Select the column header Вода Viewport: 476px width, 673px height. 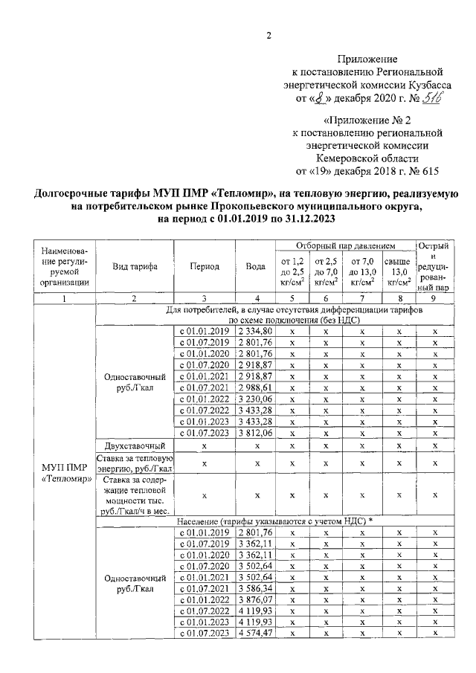[255, 265]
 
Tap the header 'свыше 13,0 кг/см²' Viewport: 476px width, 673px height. [399, 271]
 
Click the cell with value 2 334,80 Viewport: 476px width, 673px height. [256, 330]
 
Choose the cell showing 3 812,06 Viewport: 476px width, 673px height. [256, 433]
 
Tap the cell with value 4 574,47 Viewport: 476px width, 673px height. [256, 632]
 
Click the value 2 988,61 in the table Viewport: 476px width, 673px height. [256, 387]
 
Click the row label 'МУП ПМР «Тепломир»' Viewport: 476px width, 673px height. [66, 473]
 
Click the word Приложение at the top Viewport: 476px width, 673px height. [367, 58]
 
